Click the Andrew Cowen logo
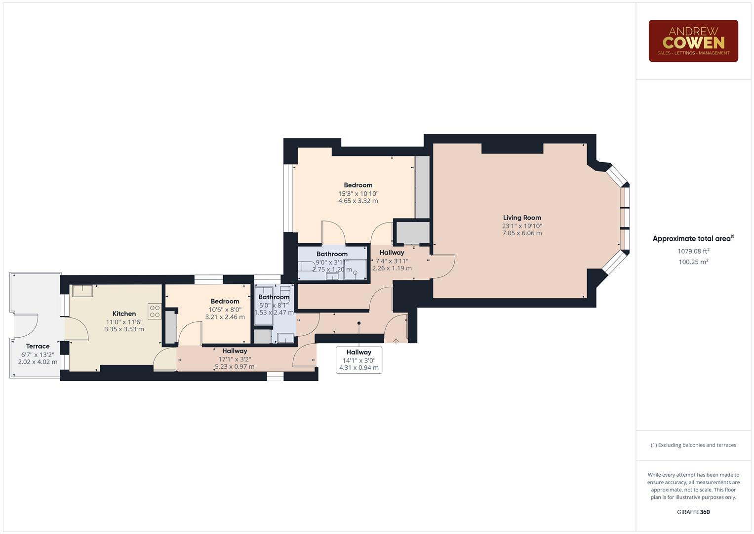[x=693, y=41]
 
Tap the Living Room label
[x=522, y=218]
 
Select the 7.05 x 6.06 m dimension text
[x=522, y=233]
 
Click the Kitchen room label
[x=124, y=313]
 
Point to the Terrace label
[x=38, y=346]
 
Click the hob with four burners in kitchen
[x=155, y=311]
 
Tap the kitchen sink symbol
[x=82, y=290]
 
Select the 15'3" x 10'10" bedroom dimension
[x=358, y=194]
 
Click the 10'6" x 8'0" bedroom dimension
[x=225, y=310]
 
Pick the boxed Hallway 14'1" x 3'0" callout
[x=358, y=359]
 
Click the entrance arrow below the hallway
[x=396, y=341]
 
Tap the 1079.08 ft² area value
[x=693, y=251]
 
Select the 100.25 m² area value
[x=693, y=262]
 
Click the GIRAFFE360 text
[x=693, y=512]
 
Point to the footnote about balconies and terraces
[x=693, y=445]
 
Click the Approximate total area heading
[x=693, y=239]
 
